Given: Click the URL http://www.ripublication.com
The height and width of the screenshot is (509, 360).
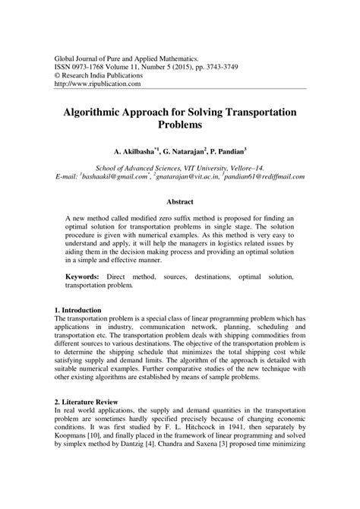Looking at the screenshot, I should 96,84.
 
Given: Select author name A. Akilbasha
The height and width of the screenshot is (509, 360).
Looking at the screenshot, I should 133,150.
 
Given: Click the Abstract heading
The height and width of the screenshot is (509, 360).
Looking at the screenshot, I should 180,202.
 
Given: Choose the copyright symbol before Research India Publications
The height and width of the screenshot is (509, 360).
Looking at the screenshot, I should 55,75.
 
